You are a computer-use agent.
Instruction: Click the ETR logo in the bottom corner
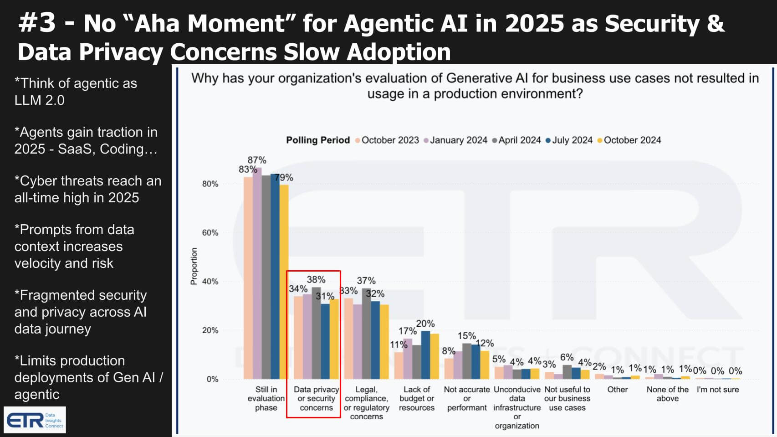coord(35,420)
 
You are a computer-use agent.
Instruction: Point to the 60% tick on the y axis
coord(210,233)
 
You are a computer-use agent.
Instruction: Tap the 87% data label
coord(257,160)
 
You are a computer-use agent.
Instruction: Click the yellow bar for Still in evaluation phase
coord(284,283)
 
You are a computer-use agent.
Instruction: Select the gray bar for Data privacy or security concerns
coord(316,333)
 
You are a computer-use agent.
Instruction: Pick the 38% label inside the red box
coord(316,279)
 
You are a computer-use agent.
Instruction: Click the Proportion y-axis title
coord(194,266)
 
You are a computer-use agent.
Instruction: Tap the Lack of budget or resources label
coord(416,399)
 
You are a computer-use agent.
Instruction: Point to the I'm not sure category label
coord(718,390)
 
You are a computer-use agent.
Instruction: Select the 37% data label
coord(366,281)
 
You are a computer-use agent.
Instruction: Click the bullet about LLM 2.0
coord(76,92)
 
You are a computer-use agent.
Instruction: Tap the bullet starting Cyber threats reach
coord(87,189)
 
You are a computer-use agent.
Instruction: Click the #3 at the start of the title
coord(37,23)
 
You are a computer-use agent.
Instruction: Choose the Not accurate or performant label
coord(467,399)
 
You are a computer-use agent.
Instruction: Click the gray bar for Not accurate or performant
coord(467,361)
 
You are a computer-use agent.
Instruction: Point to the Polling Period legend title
coord(318,140)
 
